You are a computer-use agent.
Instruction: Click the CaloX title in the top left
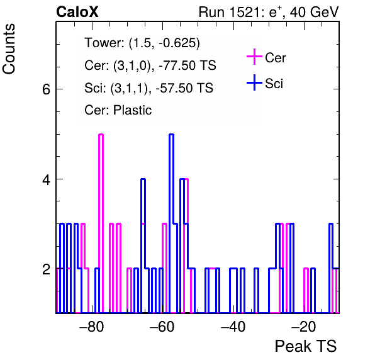pyautogui.click(x=77, y=12)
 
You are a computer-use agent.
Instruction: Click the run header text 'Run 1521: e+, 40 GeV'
pyautogui.click(x=269, y=12)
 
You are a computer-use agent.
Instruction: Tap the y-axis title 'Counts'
pyautogui.click(x=9, y=49)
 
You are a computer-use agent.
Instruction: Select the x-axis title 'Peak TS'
pyautogui.click(x=306, y=346)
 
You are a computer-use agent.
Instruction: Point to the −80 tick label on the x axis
pyautogui.click(x=92, y=327)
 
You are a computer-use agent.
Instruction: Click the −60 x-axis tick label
pyautogui.click(x=162, y=327)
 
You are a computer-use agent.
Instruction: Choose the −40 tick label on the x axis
pyautogui.click(x=233, y=327)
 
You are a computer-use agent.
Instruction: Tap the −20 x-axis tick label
pyautogui.click(x=303, y=327)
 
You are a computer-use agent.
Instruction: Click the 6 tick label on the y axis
pyautogui.click(x=46, y=89)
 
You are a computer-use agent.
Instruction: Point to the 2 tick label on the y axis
pyautogui.click(x=46, y=269)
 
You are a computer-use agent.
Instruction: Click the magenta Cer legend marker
pyautogui.click(x=254, y=57)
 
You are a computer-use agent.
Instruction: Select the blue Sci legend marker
pyautogui.click(x=254, y=82)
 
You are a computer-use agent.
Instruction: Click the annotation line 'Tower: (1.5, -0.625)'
pyautogui.click(x=142, y=43)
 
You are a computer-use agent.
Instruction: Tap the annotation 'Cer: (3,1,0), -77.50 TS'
pyautogui.click(x=150, y=65)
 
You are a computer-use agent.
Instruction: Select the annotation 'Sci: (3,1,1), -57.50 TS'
pyautogui.click(x=148, y=87)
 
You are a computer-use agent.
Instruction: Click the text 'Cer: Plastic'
pyautogui.click(x=118, y=110)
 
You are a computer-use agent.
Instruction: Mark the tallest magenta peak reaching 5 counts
pyautogui.click(x=101, y=135)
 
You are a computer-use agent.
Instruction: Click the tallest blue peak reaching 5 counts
pyautogui.click(x=171, y=135)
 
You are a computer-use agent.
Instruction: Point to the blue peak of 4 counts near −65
pyautogui.click(x=143, y=179)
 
